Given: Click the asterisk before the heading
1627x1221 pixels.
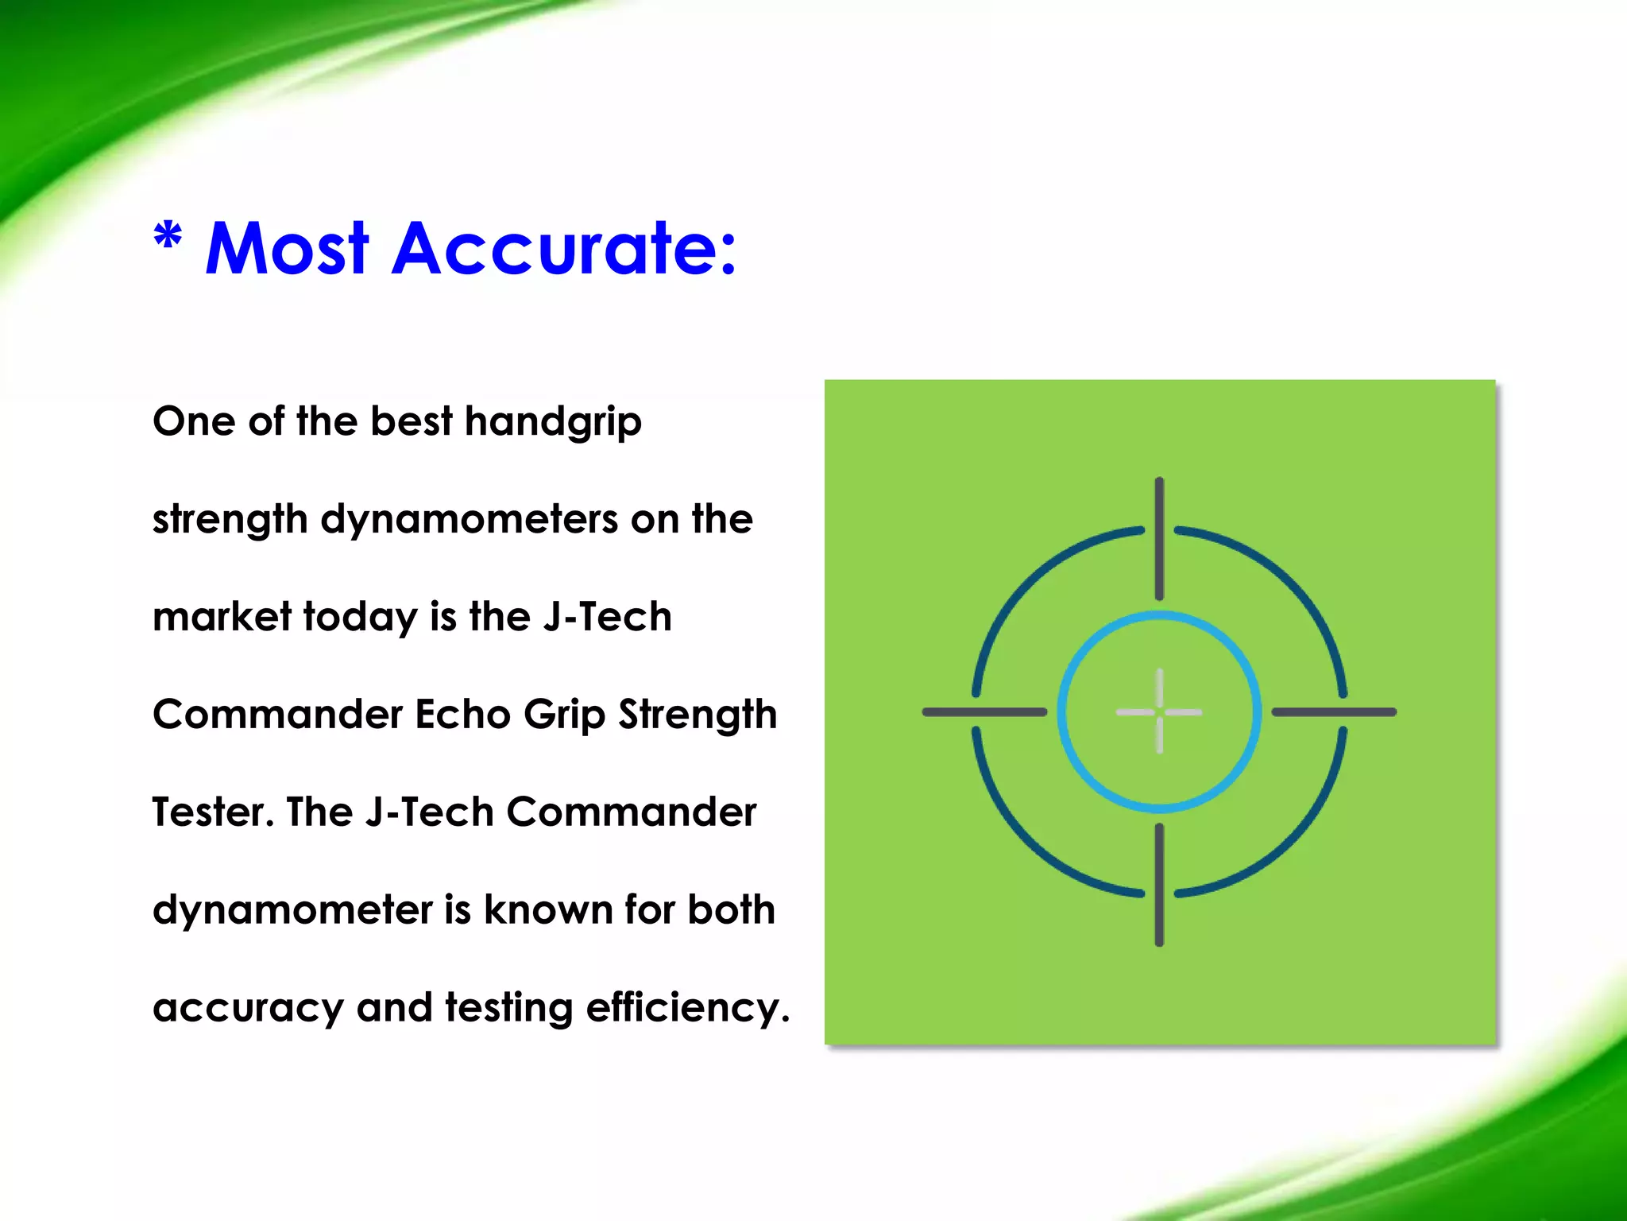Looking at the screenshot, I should pyautogui.click(x=168, y=236).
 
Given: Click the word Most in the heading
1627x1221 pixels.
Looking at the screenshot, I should pyautogui.click(x=287, y=249).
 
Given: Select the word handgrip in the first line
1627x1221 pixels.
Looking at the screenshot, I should pyautogui.click(x=553, y=422).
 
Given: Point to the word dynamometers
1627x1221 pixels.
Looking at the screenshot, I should pyautogui.click(x=470, y=520).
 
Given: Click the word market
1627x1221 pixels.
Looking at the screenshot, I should pyautogui.click(x=222, y=618).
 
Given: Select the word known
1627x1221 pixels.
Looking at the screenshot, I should pyautogui.click(x=547, y=910).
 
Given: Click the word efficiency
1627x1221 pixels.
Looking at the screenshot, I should pyautogui.click(x=688, y=1008).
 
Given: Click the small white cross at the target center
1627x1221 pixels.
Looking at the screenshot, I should pyautogui.click(x=1159, y=711).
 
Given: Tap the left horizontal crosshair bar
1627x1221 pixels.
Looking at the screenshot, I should pyautogui.click(x=984, y=711).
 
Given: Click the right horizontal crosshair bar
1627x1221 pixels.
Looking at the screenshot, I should pyautogui.click(x=1334, y=711).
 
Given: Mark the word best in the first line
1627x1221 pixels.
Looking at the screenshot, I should pyautogui.click(x=411, y=421).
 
